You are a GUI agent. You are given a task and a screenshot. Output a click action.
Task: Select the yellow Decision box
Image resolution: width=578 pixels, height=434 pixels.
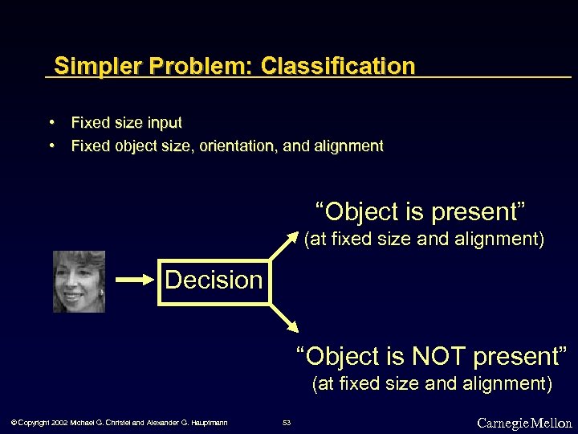pyautogui.click(x=214, y=280)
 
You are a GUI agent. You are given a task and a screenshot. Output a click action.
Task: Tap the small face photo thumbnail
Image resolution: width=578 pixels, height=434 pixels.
pyautogui.click(x=79, y=281)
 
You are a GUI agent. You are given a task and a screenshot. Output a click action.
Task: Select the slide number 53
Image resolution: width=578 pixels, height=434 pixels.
pyautogui.click(x=287, y=423)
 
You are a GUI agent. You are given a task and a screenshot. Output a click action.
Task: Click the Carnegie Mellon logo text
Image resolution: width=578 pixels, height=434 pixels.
pyautogui.click(x=524, y=423)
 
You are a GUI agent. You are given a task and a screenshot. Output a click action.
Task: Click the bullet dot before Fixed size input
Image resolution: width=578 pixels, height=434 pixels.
pyautogui.click(x=51, y=122)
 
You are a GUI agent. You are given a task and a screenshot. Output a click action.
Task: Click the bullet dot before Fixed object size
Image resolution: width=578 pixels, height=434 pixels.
pyautogui.click(x=51, y=145)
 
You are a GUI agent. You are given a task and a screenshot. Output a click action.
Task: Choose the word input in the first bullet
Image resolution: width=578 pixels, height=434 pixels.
pyautogui.click(x=164, y=123)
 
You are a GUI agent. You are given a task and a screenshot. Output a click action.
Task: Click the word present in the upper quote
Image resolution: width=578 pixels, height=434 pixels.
pyautogui.click(x=478, y=212)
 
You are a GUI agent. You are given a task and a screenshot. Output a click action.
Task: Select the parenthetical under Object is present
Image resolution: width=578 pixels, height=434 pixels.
pyautogui.click(x=424, y=239)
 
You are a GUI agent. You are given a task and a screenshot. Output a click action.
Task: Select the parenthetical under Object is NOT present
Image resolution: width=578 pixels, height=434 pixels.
pyautogui.click(x=432, y=383)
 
